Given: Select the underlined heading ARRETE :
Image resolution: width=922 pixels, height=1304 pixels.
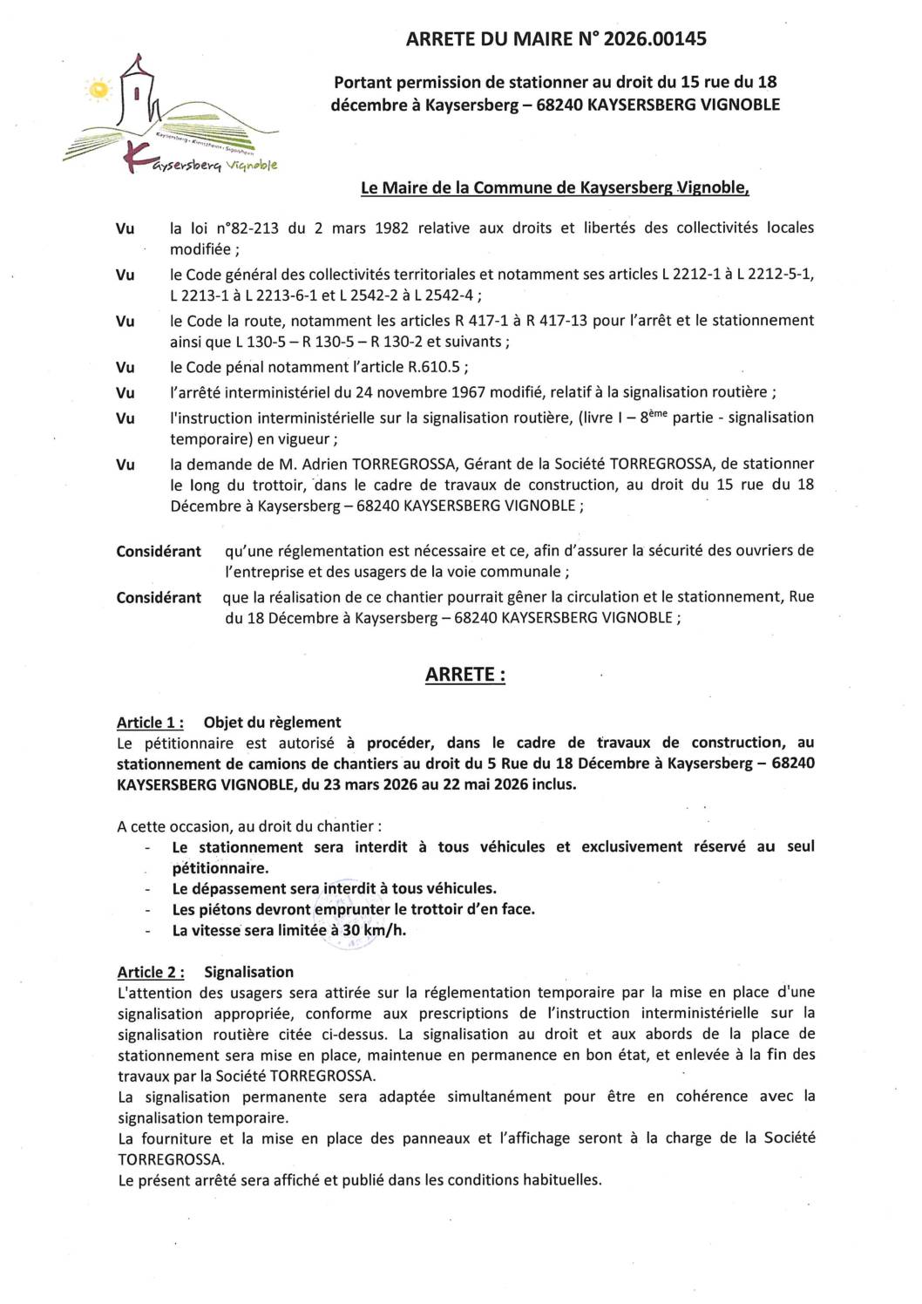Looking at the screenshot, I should pyautogui.click(x=464, y=675).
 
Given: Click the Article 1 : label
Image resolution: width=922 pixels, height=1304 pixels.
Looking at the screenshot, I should pyautogui.click(x=150, y=723).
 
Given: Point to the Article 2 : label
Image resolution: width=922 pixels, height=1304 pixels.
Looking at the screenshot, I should pyautogui.click(x=150, y=972).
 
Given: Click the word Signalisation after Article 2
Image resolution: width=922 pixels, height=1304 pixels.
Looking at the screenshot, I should pyautogui.click(x=248, y=972).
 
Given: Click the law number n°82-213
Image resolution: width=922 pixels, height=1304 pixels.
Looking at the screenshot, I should pyautogui.click(x=247, y=228).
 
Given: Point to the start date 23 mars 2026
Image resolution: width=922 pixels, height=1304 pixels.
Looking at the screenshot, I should pyautogui.click(x=369, y=784).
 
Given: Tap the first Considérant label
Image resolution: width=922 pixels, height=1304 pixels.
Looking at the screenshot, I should pyautogui.click(x=159, y=552).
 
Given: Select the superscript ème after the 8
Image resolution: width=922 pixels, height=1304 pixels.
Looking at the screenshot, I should pyautogui.click(x=658, y=414).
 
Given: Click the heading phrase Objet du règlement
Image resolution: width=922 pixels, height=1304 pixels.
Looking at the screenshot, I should pyautogui.click(x=272, y=723).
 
